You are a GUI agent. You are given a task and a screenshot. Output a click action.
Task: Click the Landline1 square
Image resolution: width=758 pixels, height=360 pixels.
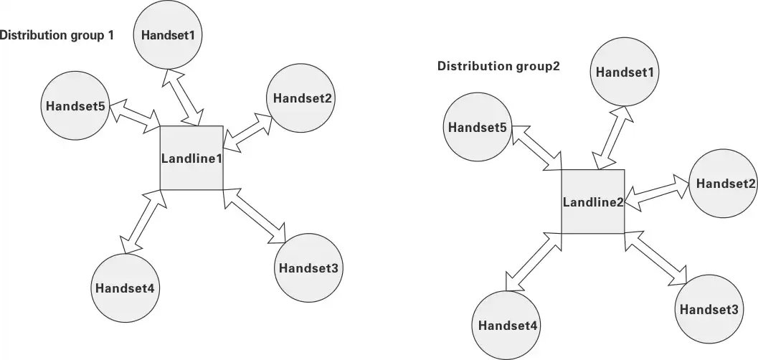191,158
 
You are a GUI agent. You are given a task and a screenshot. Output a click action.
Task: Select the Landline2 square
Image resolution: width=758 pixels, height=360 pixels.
592,202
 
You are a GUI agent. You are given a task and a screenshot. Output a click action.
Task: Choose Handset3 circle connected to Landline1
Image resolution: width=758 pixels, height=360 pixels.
308,268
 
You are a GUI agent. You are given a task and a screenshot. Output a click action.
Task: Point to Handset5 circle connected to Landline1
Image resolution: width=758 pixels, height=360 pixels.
75,106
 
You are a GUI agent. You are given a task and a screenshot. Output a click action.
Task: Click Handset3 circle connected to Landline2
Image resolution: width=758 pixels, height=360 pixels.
709,310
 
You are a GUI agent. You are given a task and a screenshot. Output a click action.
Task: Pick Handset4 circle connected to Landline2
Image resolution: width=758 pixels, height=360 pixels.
508,325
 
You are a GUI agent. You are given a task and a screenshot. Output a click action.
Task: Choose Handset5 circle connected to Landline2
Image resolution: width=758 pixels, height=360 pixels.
478,128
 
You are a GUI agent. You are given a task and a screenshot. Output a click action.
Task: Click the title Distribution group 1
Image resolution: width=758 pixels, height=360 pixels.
57,34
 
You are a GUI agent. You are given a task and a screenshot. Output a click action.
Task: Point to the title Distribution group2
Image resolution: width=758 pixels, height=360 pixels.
498,67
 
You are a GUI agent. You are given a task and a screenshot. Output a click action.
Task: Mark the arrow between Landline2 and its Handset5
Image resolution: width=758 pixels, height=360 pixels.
537,147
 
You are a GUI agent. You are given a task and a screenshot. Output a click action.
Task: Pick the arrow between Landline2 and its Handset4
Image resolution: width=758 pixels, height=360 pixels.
532,262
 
